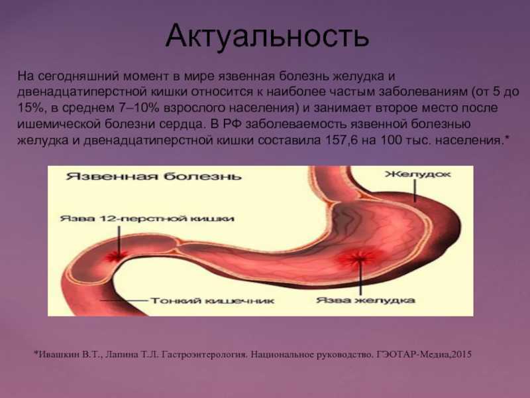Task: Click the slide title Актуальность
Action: click(x=267, y=36)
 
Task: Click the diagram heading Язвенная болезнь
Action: click(x=154, y=176)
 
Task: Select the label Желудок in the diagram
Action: click(x=418, y=174)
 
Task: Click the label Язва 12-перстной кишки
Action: click(x=147, y=218)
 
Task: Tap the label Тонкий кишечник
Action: click(x=212, y=300)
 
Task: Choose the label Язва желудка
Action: click(x=366, y=300)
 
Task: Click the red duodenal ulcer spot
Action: click(x=117, y=257)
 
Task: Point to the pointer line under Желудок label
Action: click(x=415, y=190)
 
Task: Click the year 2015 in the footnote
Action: click(x=461, y=354)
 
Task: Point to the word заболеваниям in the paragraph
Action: click(x=423, y=92)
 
